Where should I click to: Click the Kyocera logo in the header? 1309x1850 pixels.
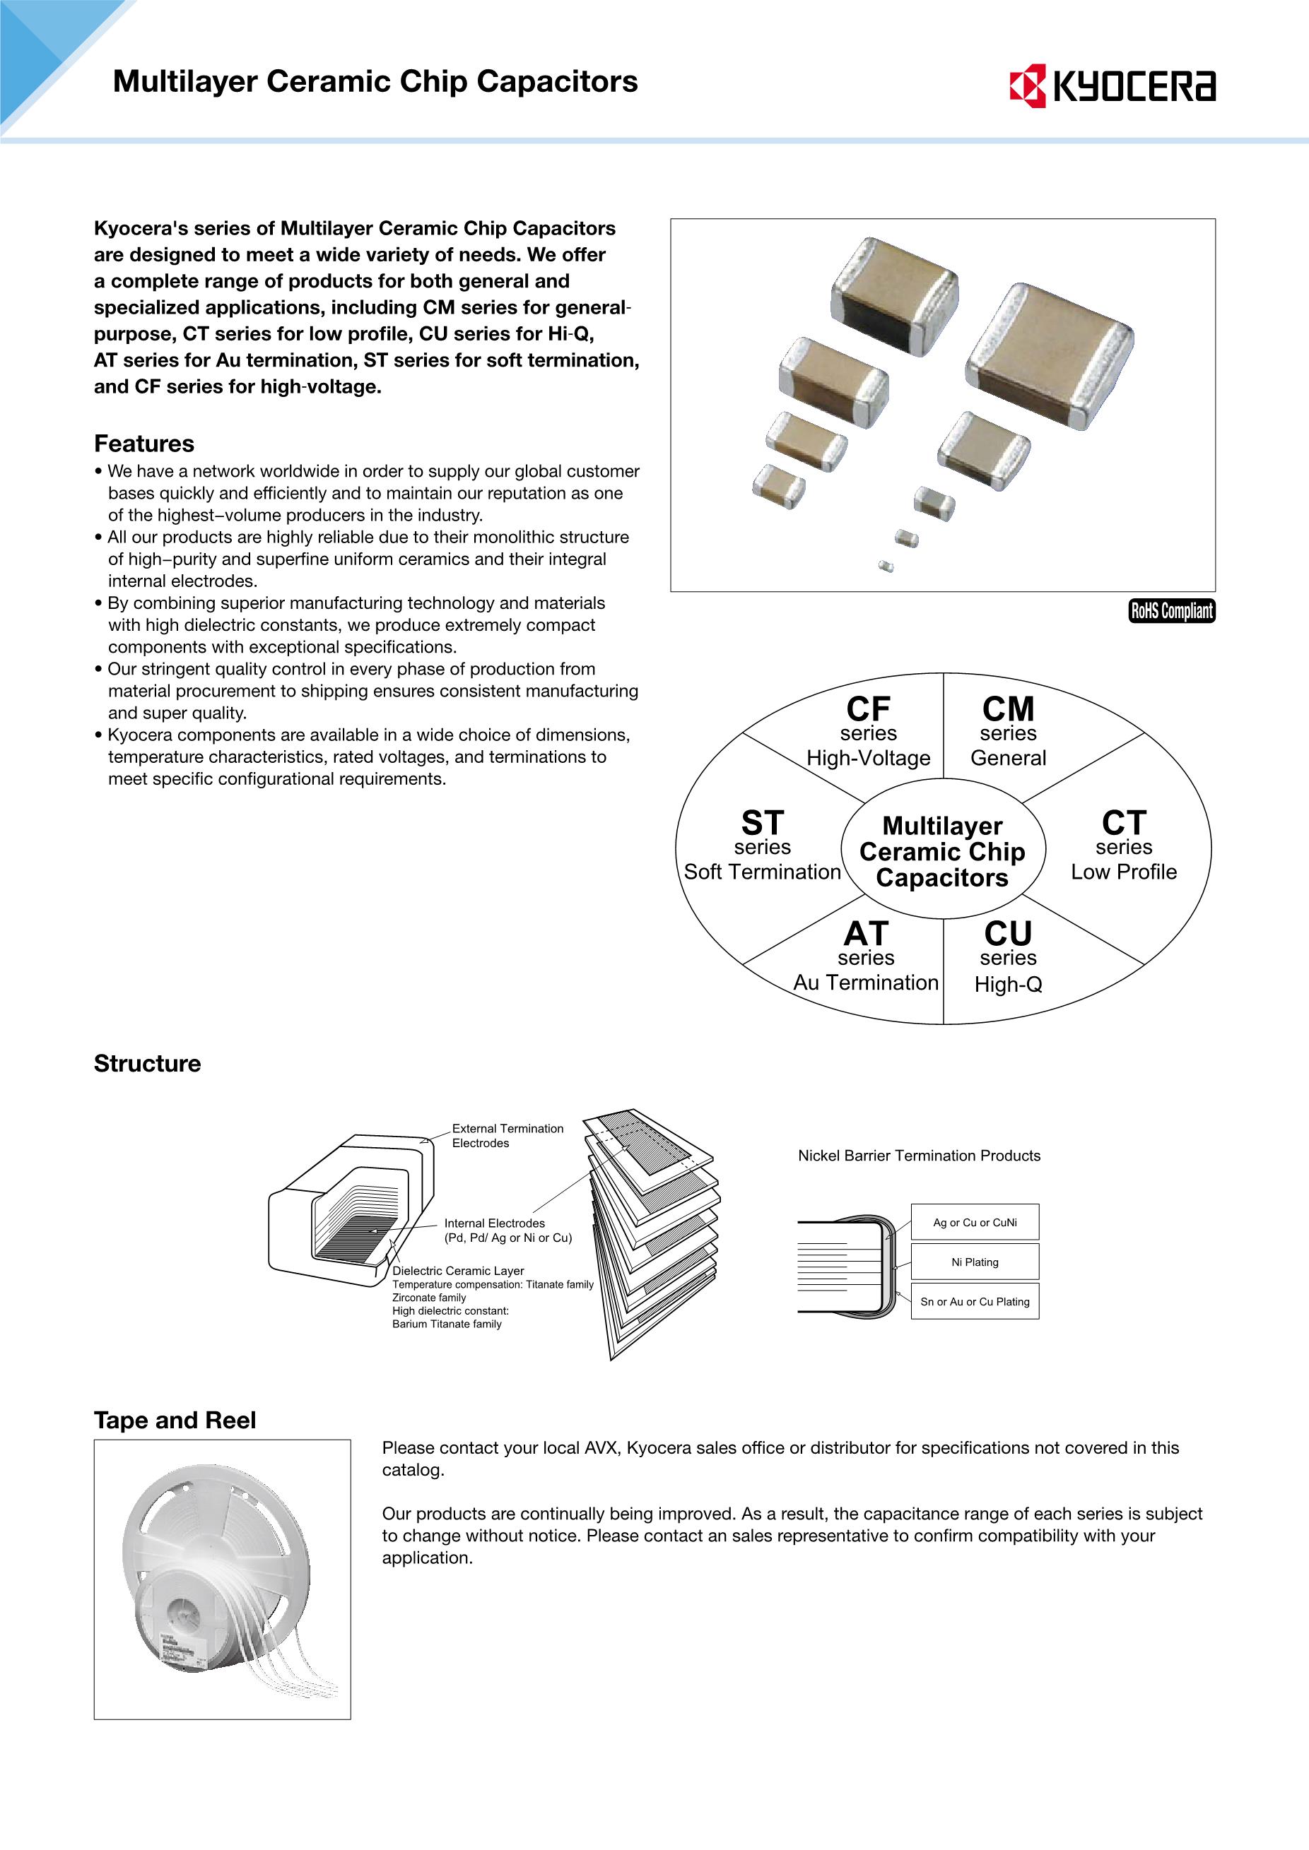click(x=1113, y=85)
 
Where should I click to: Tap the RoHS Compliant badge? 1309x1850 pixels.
click(x=1171, y=611)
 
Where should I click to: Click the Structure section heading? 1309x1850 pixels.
click(x=148, y=1064)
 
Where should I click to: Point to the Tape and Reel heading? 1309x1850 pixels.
click(x=175, y=1420)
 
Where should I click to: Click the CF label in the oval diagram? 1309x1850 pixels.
click(x=868, y=710)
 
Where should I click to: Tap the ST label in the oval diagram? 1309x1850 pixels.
click(x=762, y=824)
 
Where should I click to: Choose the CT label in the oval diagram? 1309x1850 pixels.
click(x=1124, y=824)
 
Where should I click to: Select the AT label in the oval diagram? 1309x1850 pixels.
click(x=866, y=935)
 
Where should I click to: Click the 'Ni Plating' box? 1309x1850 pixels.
click(x=975, y=1262)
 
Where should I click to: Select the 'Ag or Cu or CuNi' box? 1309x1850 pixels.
click(x=975, y=1222)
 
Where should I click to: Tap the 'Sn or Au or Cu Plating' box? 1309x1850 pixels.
click(x=975, y=1301)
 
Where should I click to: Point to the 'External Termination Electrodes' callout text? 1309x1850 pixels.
click(x=507, y=1135)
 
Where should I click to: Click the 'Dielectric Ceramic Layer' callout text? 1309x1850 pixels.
click(x=458, y=1271)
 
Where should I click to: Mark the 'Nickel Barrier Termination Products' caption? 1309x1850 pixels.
click(x=919, y=1156)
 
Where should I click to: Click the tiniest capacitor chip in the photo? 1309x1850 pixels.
click(x=886, y=567)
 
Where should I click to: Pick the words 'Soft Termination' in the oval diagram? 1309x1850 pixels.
click(x=762, y=872)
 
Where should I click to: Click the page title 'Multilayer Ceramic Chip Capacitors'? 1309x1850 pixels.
click(x=375, y=81)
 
